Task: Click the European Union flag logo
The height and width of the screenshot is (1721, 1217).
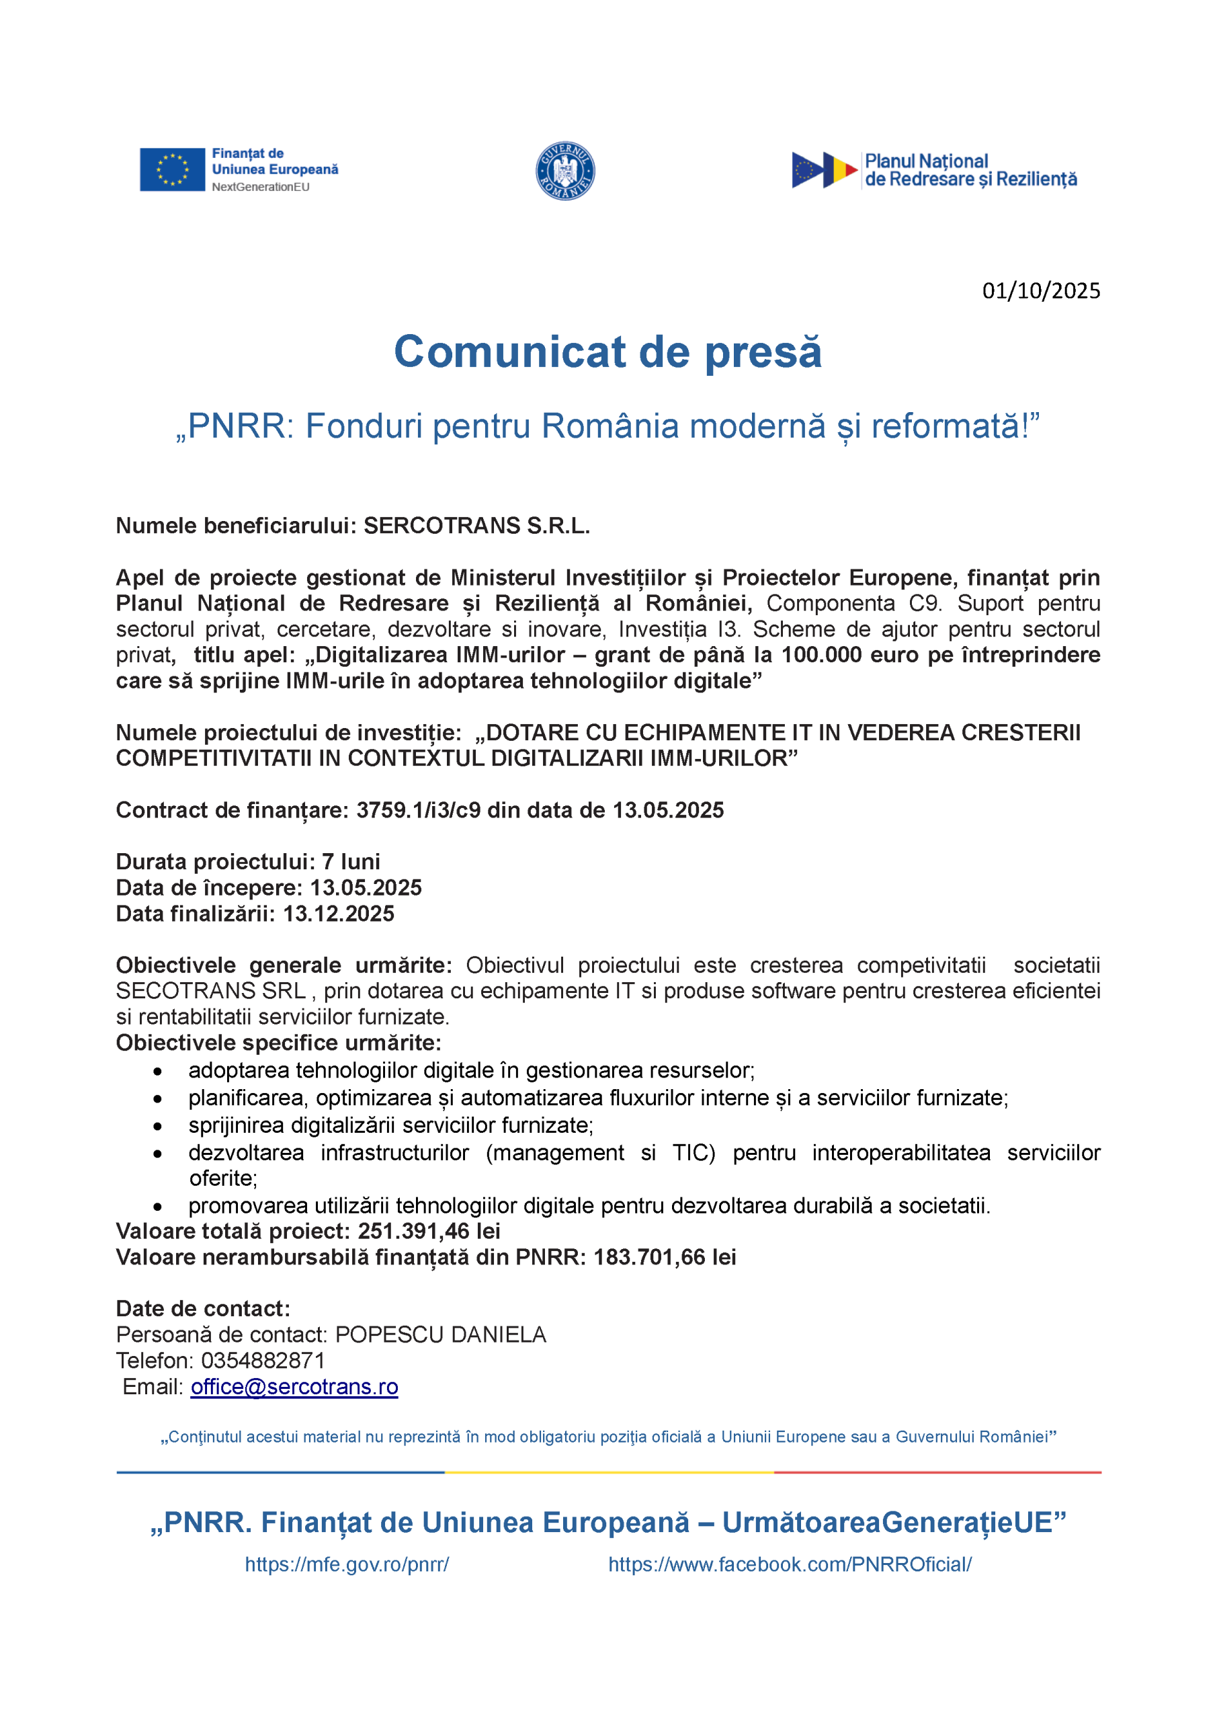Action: (x=171, y=169)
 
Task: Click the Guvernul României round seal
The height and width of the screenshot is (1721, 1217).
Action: (x=565, y=171)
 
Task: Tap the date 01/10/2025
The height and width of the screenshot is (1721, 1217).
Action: (x=1041, y=291)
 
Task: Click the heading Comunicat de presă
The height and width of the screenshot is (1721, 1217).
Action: (x=607, y=352)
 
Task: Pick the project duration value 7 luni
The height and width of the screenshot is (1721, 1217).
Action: (x=351, y=861)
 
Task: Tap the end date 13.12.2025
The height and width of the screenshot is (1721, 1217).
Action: (x=339, y=913)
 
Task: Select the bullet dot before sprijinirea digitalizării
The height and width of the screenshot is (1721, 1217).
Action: (x=157, y=1126)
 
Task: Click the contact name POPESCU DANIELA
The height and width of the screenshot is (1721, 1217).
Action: (x=441, y=1334)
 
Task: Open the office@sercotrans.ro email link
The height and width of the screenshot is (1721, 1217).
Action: (x=294, y=1387)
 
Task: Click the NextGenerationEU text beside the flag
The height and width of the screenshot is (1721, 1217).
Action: (x=260, y=188)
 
